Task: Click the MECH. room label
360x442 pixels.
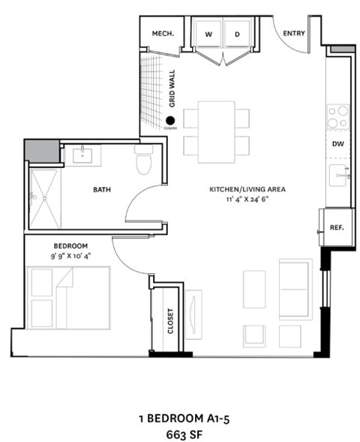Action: pyautogui.click(x=163, y=33)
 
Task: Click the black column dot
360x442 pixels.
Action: pyautogui.click(x=171, y=119)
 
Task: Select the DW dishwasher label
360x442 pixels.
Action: pyautogui.click(x=339, y=144)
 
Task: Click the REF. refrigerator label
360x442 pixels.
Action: pyautogui.click(x=337, y=227)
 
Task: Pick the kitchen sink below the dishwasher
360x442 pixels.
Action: pyautogui.click(x=339, y=177)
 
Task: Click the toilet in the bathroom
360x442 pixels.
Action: pyautogui.click(x=143, y=161)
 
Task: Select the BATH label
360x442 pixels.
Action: pyautogui.click(x=102, y=190)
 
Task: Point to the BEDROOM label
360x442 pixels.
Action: pyautogui.click(x=70, y=246)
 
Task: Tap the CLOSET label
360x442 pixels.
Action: pyautogui.click(x=171, y=321)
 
